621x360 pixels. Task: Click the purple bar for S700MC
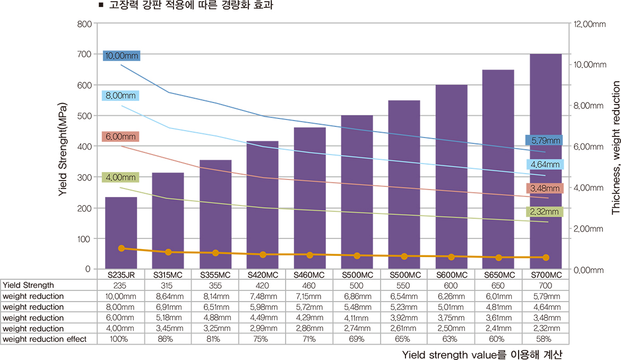[546, 159]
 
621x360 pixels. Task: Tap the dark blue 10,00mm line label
[122, 55]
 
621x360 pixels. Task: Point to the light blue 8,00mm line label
[120, 96]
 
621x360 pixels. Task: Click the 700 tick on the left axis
[83, 54]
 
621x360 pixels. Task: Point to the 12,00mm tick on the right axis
[589, 24]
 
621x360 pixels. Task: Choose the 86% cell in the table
[168, 339]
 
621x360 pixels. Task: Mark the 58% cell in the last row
[546, 339]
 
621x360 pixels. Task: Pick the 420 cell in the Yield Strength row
[263, 285]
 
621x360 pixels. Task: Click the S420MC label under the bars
[263, 275]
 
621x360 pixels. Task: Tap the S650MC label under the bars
[498, 275]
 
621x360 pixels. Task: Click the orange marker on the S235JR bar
[122, 248]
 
